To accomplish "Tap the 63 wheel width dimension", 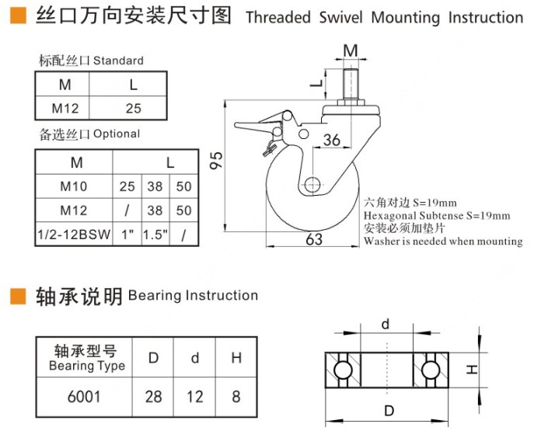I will [x=314, y=239].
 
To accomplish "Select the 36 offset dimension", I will [x=332, y=141].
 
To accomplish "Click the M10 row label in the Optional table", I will [x=75, y=187].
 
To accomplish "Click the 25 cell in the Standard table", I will [x=134, y=109].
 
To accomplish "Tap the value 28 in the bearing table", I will [x=154, y=397].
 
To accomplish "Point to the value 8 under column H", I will [x=236, y=397].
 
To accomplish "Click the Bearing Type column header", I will [x=86, y=358].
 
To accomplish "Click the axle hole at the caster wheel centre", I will [x=312, y=185].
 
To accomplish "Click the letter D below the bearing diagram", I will [x=387, y=410].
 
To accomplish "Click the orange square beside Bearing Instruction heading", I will [x=17, y=296].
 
